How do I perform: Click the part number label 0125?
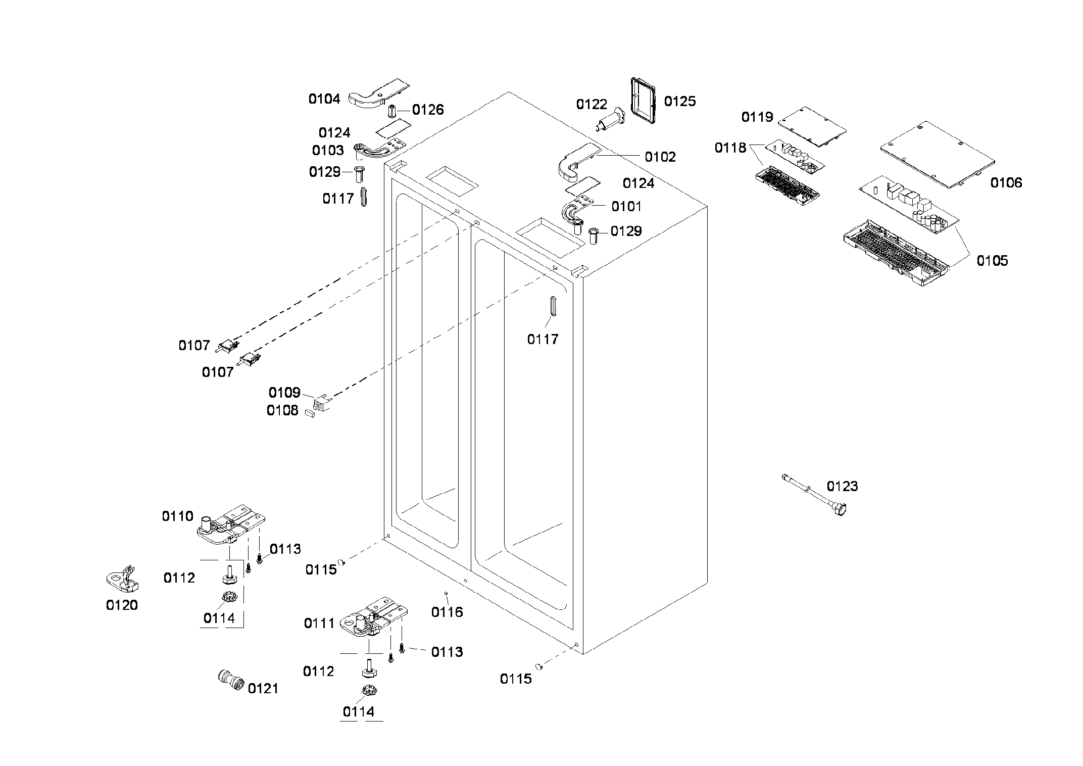tap(679, 102)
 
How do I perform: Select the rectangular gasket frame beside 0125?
tap(644, 100)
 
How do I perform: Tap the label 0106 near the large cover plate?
tap(1006, 183)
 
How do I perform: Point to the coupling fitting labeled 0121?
tap(230, 682)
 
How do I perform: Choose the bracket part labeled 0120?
tap(123, 581)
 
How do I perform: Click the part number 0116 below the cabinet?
tap(447, 612)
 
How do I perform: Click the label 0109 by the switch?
tap(284, 393)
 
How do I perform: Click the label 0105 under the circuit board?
tap(992, 261)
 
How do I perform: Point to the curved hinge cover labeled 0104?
tap(378, 94)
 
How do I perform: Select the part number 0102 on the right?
tap(660, 157)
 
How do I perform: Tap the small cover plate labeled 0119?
tap(812, 126)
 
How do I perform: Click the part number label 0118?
tap(730, 148)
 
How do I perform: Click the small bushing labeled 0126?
tap(391, 110)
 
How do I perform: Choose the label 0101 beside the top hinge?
tap(626, 207)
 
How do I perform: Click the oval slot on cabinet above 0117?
tap(552, 306)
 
